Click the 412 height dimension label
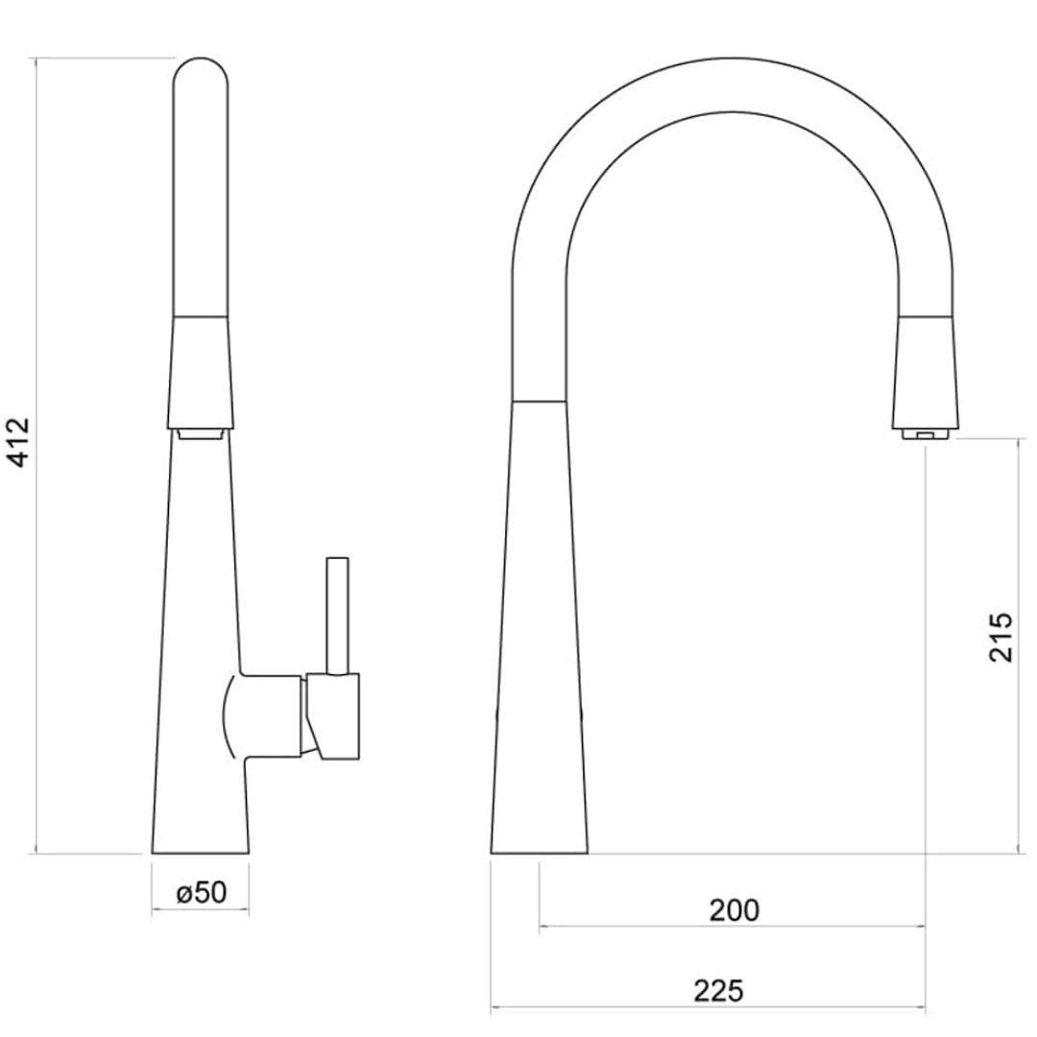click(x=19, y=443)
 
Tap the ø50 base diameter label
click(x=202, y=892)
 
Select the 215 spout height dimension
click(x=1000, y=637)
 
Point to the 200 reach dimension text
click(x=734, y=909)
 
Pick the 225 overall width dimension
click(x=719, y=990)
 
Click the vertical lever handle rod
click(x=337, y=615)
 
